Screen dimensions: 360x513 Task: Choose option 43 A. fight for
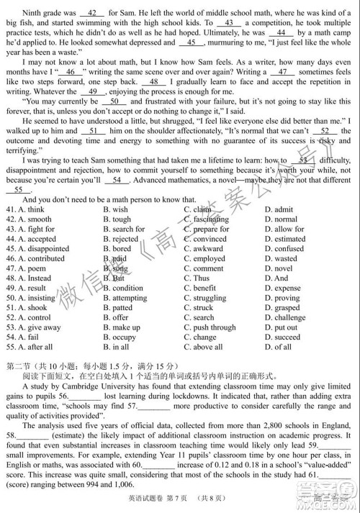[30, 230]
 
